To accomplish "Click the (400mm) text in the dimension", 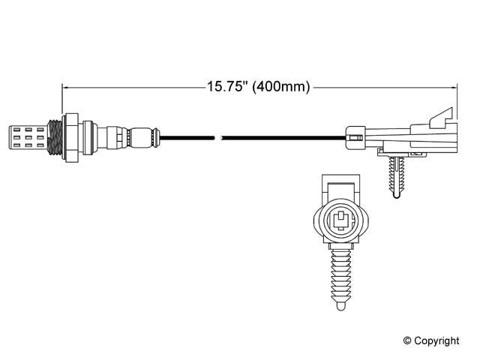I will (281, 86).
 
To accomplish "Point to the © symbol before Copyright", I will (407, 340).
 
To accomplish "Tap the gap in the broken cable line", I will (219, 136).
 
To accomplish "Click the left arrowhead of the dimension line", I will (65, 86).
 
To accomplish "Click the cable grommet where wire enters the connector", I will (355, 136).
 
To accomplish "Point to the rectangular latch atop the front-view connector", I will (340, 186).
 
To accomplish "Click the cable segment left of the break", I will (187, 136).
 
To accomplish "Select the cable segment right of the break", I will (285, 136).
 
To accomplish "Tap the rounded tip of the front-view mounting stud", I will (341, 303).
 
